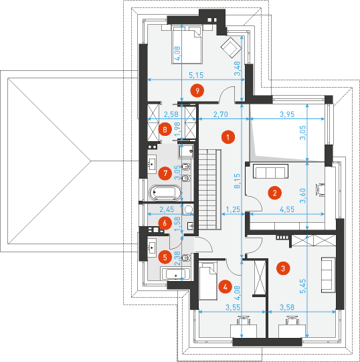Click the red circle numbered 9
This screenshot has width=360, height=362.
(197, 91)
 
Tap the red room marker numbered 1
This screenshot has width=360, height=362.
(228, 137)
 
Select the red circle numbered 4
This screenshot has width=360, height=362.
(225, 287)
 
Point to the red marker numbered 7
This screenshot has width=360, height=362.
(165, 173)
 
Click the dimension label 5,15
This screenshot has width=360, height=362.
(196, 75)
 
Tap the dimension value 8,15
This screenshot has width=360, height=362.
(238, 181)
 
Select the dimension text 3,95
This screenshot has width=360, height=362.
(287, 114)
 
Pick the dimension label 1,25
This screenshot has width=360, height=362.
(233, 209)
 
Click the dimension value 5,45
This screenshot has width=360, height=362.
(302, 286)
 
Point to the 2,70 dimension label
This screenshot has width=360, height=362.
(221, 114)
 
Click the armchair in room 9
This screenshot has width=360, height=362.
(231, 48)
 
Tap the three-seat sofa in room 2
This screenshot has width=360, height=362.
(270, 171)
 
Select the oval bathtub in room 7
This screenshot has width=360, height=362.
(165, 192)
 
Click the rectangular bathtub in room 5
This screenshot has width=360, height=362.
(176, 274)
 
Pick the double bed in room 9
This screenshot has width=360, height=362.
(187, 45)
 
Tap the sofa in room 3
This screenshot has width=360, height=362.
(328, 275)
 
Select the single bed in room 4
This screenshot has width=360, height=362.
(208, 281)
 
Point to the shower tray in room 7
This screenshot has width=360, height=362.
(186, 151)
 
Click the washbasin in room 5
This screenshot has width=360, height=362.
(152, 246)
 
